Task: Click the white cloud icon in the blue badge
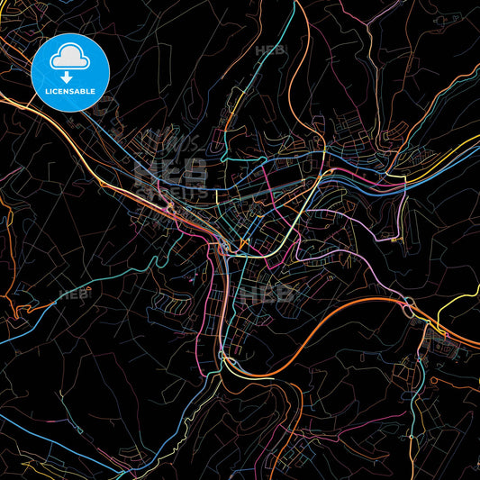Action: pyautogui.click(x=70, y=57)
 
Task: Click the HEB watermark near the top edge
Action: pyautogui.click(x=269, y=50)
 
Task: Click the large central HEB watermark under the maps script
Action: pyautogui.click(x=171, y=175)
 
